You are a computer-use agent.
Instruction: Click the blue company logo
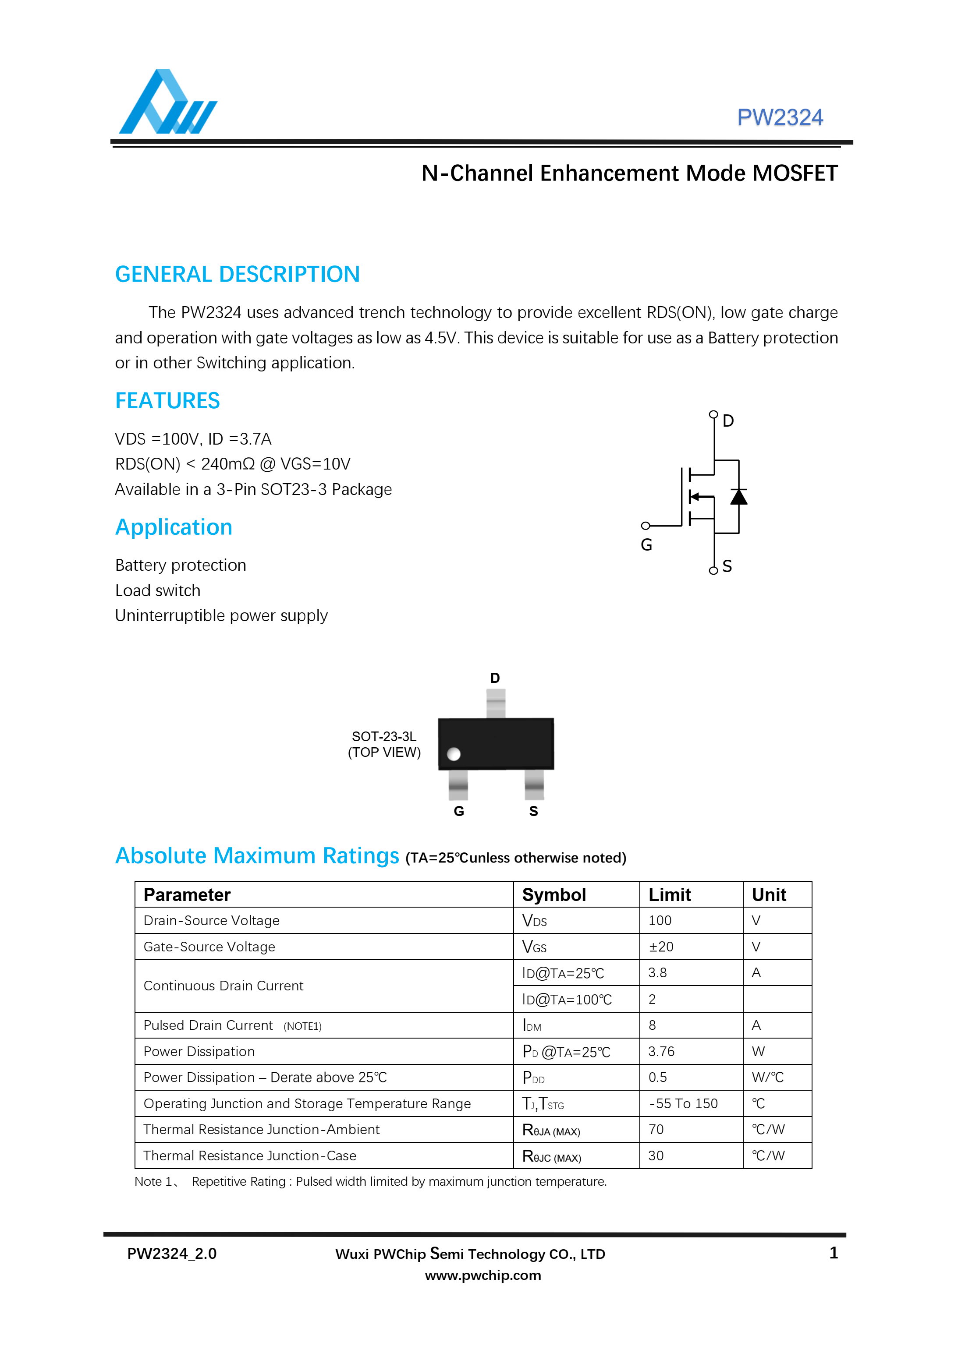tap(167, 102)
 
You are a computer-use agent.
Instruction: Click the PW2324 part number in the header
tap(780, 118)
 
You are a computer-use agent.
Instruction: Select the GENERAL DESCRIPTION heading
tap(237, 275)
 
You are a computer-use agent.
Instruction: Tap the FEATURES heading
tap(167, 401)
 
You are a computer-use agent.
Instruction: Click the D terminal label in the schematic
tap(728, 421)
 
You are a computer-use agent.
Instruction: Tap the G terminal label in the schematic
tap(646, 545)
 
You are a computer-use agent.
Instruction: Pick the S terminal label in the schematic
tap(727, 566)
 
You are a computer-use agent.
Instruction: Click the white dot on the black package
tap(454, 754)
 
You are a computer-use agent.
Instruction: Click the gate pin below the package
tap(458, 785)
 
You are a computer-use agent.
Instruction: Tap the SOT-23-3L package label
tap(384, 737)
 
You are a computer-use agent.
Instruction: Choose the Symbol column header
tap(554, 895)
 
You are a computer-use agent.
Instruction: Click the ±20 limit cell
tap(661, 947)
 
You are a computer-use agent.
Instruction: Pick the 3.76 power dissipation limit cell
tap(661, 1052)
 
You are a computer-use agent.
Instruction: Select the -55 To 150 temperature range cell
tap(683, 1104)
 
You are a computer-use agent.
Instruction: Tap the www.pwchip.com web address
tap(482, 1275)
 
